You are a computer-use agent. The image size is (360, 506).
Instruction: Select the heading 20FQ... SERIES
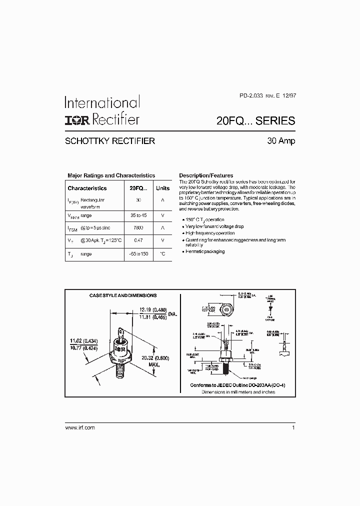[255, 120]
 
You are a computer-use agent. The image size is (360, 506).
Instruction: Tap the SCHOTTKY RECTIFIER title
[110, 141]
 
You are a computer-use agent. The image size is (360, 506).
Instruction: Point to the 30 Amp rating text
[281, 141]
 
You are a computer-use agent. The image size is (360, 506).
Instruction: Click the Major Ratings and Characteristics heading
[111, 175]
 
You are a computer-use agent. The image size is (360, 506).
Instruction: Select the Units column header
[162, 188]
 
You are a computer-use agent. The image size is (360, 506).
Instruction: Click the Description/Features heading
[206, 175]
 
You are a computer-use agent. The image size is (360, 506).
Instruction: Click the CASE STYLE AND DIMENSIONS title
[123, 295]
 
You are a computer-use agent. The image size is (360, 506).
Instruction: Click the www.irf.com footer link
[80, 428]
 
